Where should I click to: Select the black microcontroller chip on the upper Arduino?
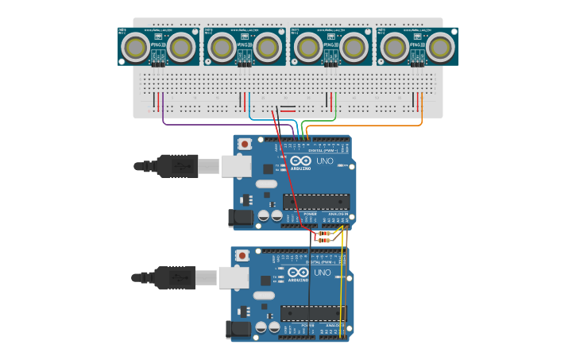coord(315,202)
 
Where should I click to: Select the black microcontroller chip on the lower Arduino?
coord(314,313)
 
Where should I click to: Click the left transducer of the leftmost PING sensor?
coord(135,48)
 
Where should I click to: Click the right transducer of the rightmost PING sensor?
coord(441,48)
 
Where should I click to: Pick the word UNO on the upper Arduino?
coord(326,161)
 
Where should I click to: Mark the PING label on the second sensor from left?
coord(245,47)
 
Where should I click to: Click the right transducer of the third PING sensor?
coord(354,48)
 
